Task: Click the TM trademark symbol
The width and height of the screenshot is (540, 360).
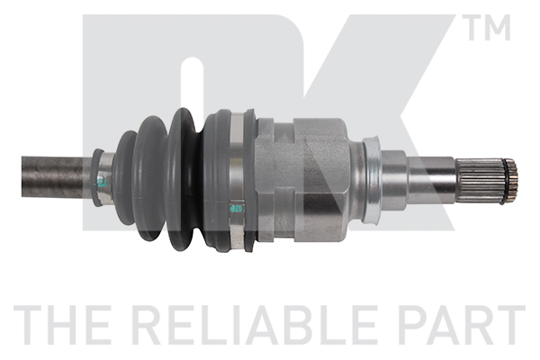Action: tap(486, 27)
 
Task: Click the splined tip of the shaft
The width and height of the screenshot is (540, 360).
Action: tap(486, 181)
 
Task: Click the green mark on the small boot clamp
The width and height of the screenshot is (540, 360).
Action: tap(102, 182)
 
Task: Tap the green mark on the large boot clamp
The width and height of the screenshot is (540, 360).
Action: tap(236, 209)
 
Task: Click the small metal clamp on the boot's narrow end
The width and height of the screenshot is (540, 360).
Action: tap(103, 177)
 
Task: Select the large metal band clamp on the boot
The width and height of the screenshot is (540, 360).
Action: tap(237, 181)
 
